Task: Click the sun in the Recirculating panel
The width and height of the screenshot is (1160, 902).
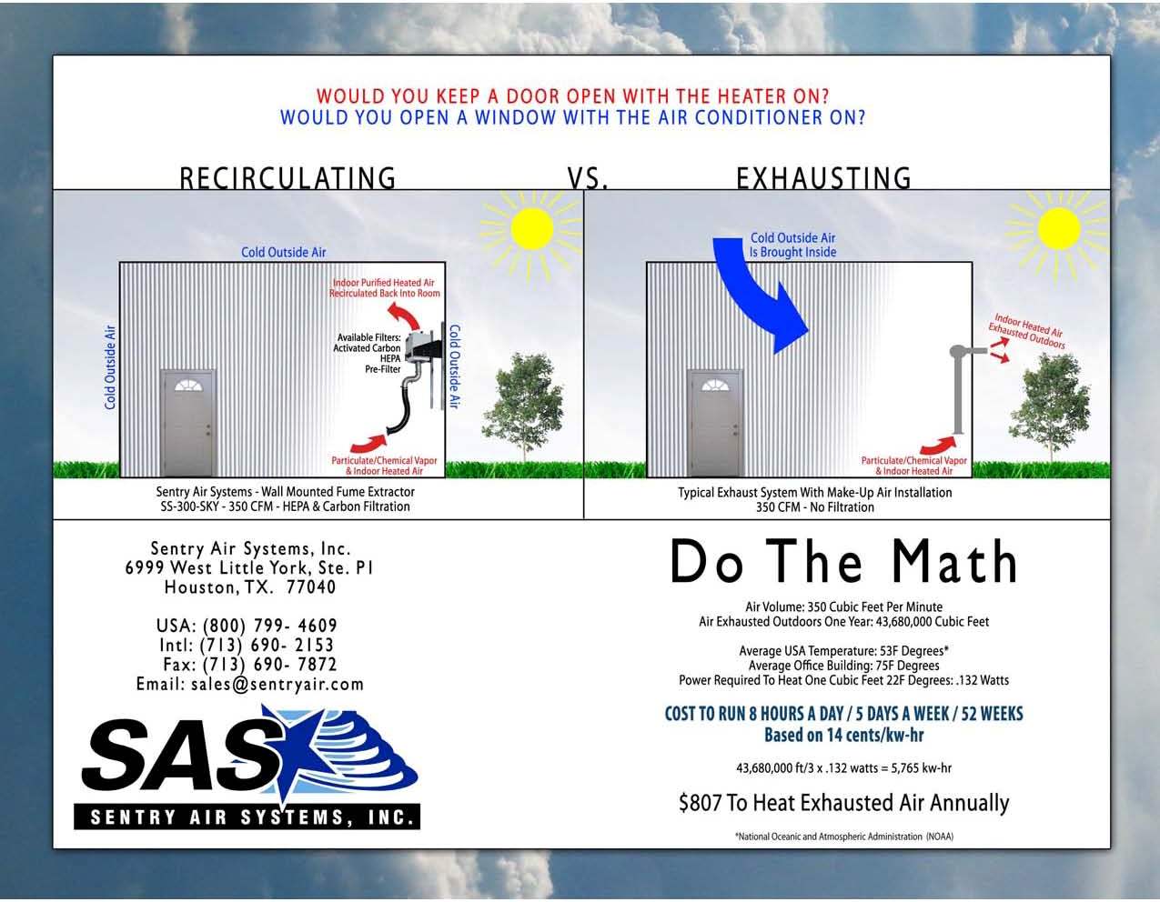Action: coord(531,229)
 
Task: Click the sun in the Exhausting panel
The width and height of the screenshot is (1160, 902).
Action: coord(1059,229)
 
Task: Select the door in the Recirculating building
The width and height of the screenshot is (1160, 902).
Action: coord(187,423)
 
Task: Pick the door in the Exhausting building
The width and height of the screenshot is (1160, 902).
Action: coord(715,423)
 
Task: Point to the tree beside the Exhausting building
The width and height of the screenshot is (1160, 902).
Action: coord(1050,406)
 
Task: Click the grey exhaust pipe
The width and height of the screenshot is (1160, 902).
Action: coord(958,389)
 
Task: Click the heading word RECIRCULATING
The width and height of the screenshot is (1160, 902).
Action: coord(287,178)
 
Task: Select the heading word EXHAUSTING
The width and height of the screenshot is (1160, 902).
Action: coord(823,178)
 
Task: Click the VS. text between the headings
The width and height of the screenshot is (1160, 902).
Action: coord(588,178)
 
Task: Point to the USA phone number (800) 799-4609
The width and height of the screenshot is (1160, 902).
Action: coord(270,626)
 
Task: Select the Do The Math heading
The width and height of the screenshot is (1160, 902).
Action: coord(844,562)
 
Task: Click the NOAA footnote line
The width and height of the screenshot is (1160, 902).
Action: coord(844,837)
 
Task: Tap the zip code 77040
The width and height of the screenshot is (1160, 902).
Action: coord(310,587)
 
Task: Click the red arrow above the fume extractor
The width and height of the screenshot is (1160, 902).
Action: coord(404,315)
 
